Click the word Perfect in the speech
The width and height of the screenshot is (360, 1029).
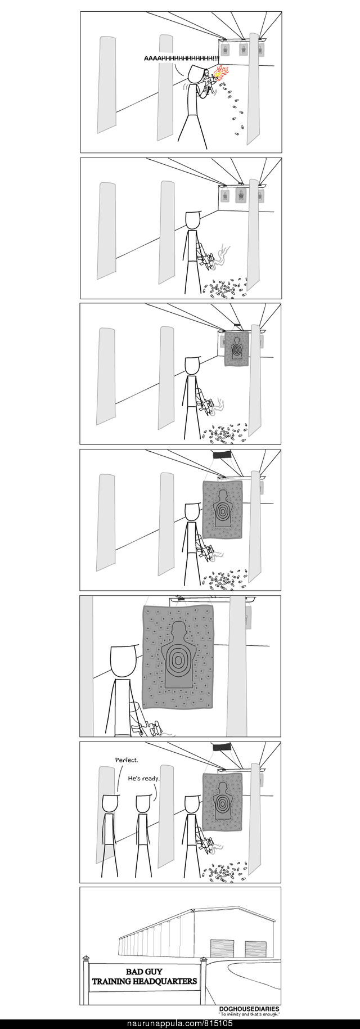(x=127, y=760)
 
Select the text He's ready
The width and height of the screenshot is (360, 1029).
(x=144, y=779)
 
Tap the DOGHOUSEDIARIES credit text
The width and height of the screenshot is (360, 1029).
(x=249, y=1009)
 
